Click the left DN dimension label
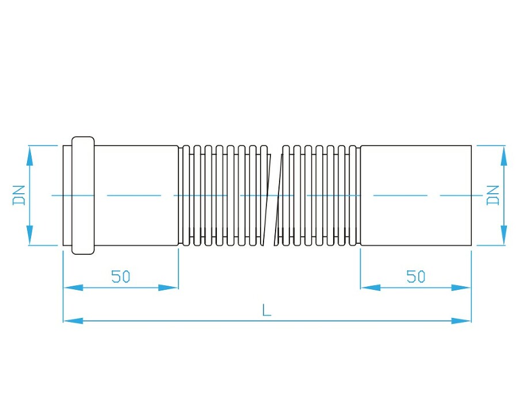(x=19, y=195)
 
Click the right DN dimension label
(x=493, y=195)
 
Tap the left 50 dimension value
(x=121, y=276)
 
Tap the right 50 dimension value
(x=416, y=276)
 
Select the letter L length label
(x=266, y=310)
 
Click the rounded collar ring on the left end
(x=83, y=195)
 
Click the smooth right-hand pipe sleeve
(x=416, y=195)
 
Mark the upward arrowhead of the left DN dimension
(x=29, y=156)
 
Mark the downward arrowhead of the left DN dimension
(x=29, y=235)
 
